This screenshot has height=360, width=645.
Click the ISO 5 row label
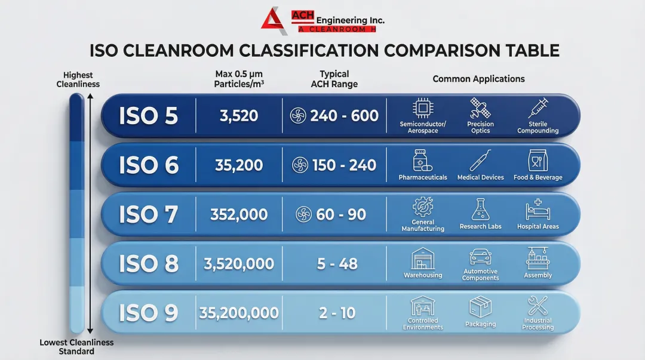coord(149,116)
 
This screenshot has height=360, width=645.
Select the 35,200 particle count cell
coord(239,165)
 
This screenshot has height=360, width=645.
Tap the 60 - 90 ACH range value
coord(340,214)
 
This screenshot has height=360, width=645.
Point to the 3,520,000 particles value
coord(239,263)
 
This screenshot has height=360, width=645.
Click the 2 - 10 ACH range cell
coord(338,312)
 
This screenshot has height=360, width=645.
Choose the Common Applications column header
coord(478,79)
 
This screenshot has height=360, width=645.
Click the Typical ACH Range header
coord(334,79)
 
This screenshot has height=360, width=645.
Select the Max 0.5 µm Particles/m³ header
coord(239,79)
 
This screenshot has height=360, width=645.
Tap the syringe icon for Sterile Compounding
coord(537,109)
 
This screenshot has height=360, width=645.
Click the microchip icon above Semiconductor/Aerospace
coord(423,108)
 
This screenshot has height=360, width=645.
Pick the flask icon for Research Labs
coord(480,210)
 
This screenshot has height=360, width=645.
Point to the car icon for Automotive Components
coord(480,257)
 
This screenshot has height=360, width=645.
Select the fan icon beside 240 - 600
coord(298,116)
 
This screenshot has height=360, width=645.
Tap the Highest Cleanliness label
coord(78,79)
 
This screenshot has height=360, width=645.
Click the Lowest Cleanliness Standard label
coord(76,347)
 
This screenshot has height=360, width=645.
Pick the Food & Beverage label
coord(537,177)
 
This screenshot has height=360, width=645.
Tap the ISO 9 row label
coord(149,312)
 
